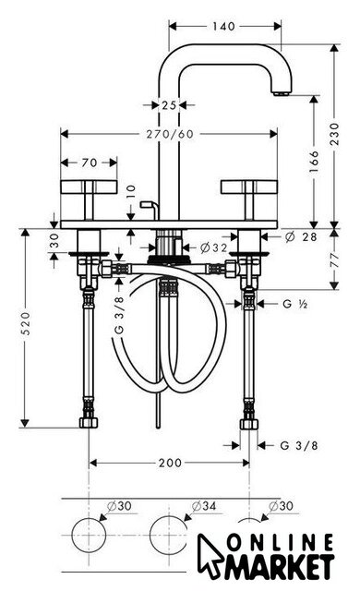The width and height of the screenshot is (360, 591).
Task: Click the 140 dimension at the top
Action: click(x=223, y=27)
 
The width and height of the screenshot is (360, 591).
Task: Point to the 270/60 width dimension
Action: click(x=170, y=134)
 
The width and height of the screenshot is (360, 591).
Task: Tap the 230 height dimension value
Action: click(x=334, y=134)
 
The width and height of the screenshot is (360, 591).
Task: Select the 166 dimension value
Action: click(x=314, y=162)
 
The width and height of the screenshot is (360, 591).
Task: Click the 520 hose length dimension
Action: click(x=25, y=324)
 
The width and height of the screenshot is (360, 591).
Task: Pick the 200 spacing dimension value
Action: click(x=170, y=463)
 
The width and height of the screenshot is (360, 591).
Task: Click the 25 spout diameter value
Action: click(x=169, y=105)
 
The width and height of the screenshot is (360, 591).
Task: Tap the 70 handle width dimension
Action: click(x=90, y=163)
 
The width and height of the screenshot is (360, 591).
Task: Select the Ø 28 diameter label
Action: click(x=301, y=236)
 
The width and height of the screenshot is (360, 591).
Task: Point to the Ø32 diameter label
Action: click(x=214, y=247)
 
